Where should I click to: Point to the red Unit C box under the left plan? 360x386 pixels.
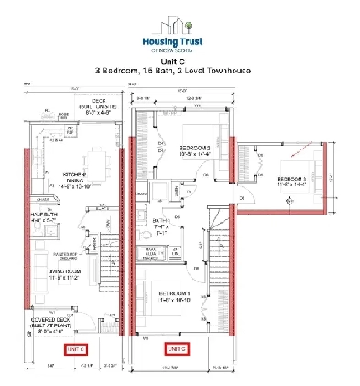click(x=74, y=349)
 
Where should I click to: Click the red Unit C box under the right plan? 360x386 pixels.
click(x=177, y=349)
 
